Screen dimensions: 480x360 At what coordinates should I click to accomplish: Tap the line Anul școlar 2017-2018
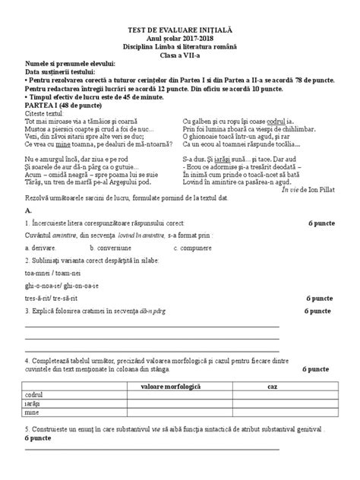coord(179,38)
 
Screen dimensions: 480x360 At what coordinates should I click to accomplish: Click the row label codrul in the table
coord(35,396)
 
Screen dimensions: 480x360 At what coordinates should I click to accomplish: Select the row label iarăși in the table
coord(33,406)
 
